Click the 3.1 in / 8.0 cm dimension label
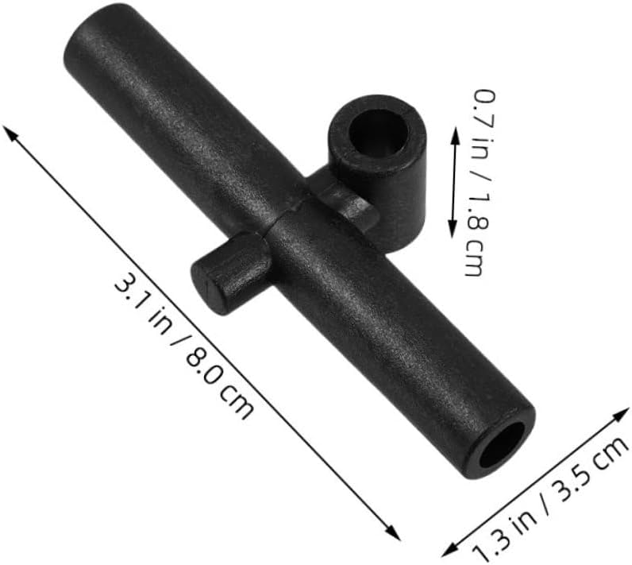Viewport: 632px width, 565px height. pos(183,346)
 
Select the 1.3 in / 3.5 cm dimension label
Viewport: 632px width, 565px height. pos(549,498)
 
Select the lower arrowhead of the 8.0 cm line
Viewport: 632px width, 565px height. pos(393,532)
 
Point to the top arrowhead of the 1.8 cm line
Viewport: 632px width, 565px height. pos(457,135)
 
